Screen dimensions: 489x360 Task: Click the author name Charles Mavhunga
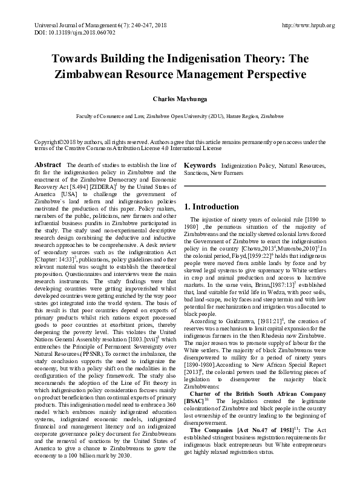pyautogui.click(x=180, y=97)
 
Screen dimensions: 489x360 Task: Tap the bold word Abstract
pyautogui.click(x=48, y=165)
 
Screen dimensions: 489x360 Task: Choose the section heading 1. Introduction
pyautogui.click(x=211, y=207)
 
